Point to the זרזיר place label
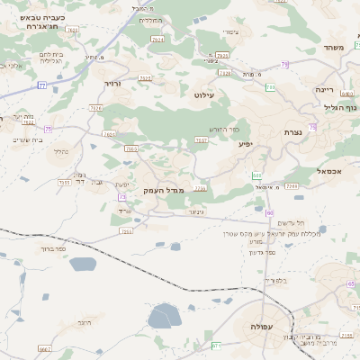pyautogui.click(x=112, y=83)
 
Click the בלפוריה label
pyautogui.click(x=274, y=281)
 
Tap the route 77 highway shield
pyautogui.click(x=41, y=85)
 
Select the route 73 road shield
pyautogui.click(x=121, y=197)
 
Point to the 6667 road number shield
pyautogui.click(x=45, y=348)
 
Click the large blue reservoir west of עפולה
pyautogui.click(x=165, y=316)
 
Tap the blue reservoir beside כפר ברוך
pyautogui.click(x=82, y=265)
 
